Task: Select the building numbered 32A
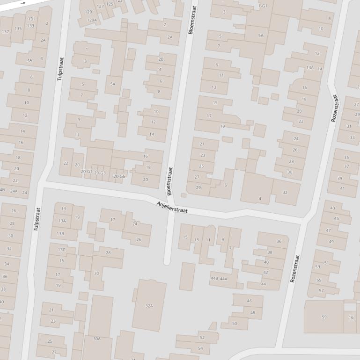149,306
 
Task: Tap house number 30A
97,338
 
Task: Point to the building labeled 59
324,317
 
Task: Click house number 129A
92,20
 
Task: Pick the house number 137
6,32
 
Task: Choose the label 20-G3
100,173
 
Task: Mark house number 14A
310,68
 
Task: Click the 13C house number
62,250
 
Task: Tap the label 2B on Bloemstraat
161,59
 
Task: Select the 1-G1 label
263,6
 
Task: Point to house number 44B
214,279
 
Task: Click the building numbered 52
202,337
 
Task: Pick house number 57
321,290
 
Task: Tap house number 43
333,208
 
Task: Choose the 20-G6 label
119,176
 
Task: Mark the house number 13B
60,233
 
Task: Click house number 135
18,29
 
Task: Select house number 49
331,242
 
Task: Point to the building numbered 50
235,323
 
